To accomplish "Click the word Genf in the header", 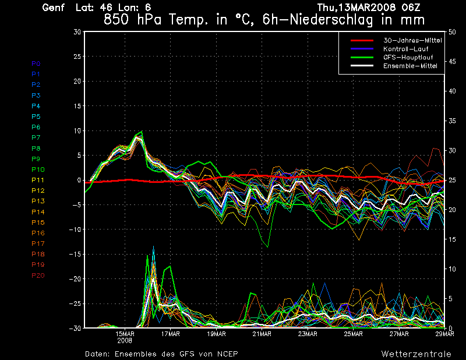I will [53, 8].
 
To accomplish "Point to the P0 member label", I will [36, 63].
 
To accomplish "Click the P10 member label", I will [38, 170].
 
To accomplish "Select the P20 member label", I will [38, 276].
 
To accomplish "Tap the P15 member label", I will [38, 223].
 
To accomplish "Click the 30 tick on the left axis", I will [77, 32].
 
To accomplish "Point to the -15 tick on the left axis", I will [75, 255].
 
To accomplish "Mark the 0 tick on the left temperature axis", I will [79, 181].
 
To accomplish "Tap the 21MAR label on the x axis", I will [262, 334].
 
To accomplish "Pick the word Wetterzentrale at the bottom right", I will [416, 354].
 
